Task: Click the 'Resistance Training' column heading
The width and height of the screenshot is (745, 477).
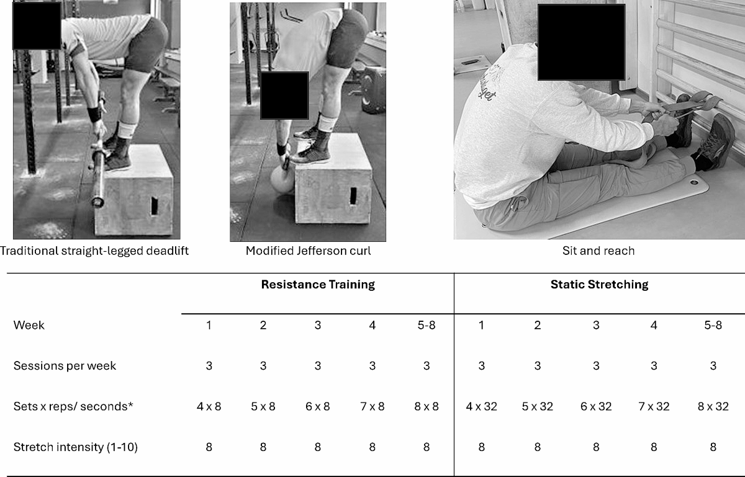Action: pyautogui.click(x=318, y=285)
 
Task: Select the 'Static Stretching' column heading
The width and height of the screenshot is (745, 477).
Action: pyautogui.click(x=599, y=285)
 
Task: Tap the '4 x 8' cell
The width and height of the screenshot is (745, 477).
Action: pyautogui.click(x=209, y=406)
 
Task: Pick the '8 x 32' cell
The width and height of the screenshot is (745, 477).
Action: pyautogui.click(x=713, y=406)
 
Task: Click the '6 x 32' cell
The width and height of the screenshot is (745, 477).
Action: pyautogui.click(x=596, y=406)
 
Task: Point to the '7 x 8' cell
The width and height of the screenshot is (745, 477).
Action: pyautogui.click(x=372, y=406)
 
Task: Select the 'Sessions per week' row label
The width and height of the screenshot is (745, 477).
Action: pyautogui.click(x=65, y=365)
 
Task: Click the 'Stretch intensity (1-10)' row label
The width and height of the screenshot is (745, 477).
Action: pyautogui.click(x=76, y=447)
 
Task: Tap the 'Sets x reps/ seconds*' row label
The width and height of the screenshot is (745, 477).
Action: pyautogui.click(x=73, y=406)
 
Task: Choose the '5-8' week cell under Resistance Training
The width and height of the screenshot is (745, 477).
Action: pyautogui.click(x=427, y=325)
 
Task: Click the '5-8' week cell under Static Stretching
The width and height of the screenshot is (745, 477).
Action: pyautogui.click(x=713, y=325)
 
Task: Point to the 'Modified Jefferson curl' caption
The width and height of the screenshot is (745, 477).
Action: pyautogui.click(x=308, y=251)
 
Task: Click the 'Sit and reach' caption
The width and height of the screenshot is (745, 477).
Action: pyautogui.click(x=598, y=251)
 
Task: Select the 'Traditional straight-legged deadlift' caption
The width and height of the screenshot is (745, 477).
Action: pyautogui.click(x=94, y=251)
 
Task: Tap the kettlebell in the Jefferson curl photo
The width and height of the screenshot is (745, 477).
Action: pyautogui.click(x=282, y=179)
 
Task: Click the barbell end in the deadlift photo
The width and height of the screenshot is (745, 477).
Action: pyautogui.click(x=97, y=201)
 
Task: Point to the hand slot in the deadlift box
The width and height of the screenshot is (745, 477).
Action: pyautogui.click(x=155, y=206)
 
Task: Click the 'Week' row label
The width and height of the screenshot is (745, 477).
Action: pyautogui.click(x=29, y=325)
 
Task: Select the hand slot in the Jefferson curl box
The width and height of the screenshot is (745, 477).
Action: pyautogui.click(x=353, y=196)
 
